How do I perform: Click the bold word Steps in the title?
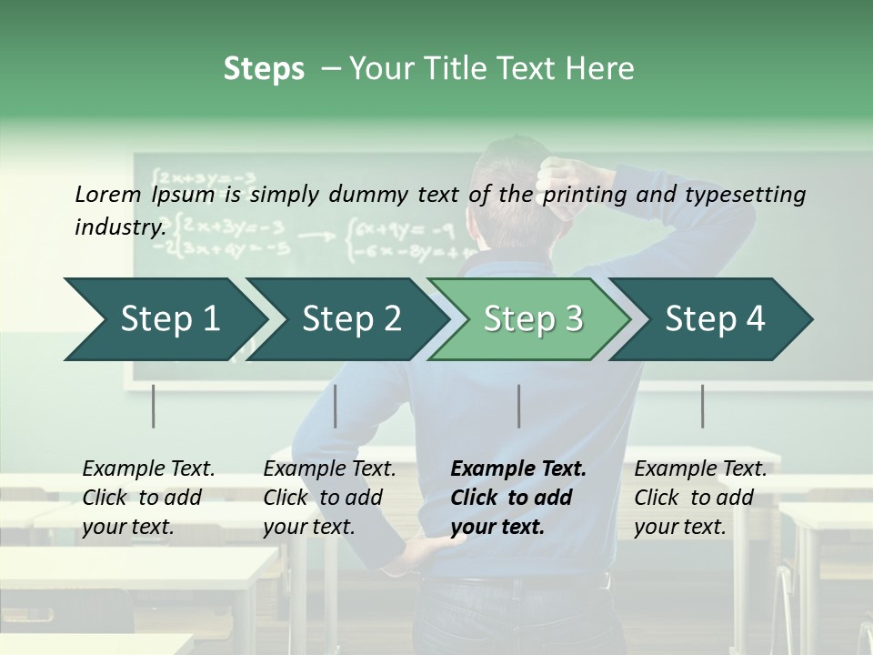pyautogui.click(x=264, y=69)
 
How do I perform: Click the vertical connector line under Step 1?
pyautogui.click(x=154, y=406)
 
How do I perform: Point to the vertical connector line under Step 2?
pyautogui.click(x=336, y=406)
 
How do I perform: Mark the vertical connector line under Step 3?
pyautogui.click(x=519, y=406)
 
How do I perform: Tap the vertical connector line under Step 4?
pyautogui.click(x=703, y=406)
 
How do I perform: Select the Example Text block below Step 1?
pyautogui.click(x=148, y=497)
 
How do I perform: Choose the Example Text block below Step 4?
pyautogui.click(x=700, y=497)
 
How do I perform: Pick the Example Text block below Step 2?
pyautogui.click(x=329, y=497)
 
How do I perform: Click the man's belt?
pyautogui.click(x=527, y=579)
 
